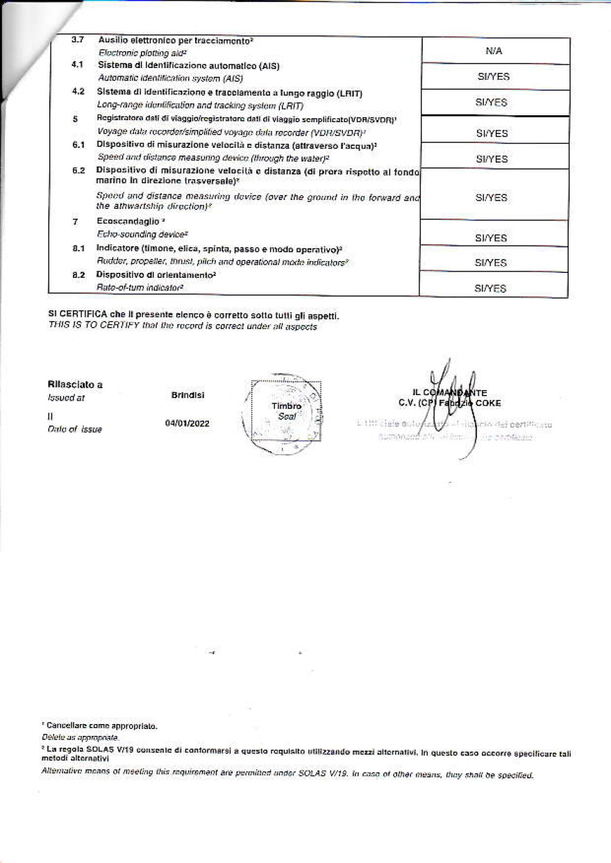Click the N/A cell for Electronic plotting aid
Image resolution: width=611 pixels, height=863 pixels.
494,51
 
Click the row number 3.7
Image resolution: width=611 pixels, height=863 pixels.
78,40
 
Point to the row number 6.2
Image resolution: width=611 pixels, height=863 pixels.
78,170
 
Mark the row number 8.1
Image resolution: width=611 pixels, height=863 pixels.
78,248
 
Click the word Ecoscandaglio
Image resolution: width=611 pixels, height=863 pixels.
121,221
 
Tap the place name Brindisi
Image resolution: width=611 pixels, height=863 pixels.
187,395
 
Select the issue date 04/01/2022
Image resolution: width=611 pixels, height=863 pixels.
187,424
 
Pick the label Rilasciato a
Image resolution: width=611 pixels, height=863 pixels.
75,385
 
